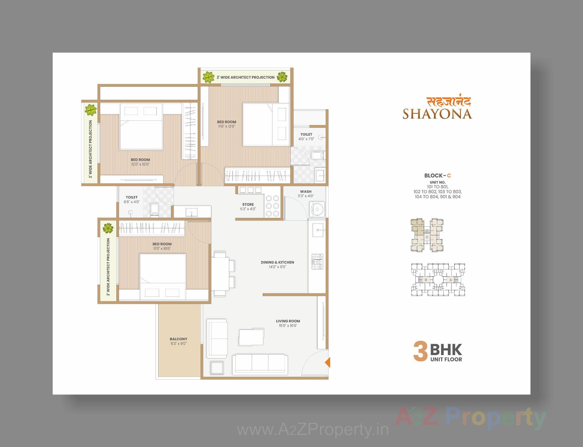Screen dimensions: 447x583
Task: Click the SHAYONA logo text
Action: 437,114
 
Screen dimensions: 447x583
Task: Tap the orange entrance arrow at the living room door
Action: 328,362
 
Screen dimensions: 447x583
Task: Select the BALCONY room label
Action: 179,339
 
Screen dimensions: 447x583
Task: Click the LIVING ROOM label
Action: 288,321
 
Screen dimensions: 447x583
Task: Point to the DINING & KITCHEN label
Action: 277,262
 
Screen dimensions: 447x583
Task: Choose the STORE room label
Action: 248,204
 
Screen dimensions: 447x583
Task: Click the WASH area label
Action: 305,191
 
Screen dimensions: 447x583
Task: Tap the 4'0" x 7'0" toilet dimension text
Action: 306,139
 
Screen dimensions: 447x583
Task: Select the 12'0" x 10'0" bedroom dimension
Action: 140,164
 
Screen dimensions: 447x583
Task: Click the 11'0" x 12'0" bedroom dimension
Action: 227,126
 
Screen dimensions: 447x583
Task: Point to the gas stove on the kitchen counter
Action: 317,261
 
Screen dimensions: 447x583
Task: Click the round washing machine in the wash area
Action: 317,209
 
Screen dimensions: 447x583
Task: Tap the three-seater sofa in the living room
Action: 260,364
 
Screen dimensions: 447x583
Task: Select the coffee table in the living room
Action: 251,337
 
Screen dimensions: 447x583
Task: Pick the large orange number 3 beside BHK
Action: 421,352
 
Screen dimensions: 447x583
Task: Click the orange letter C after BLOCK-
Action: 449,175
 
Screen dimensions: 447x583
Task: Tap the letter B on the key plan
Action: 426,280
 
